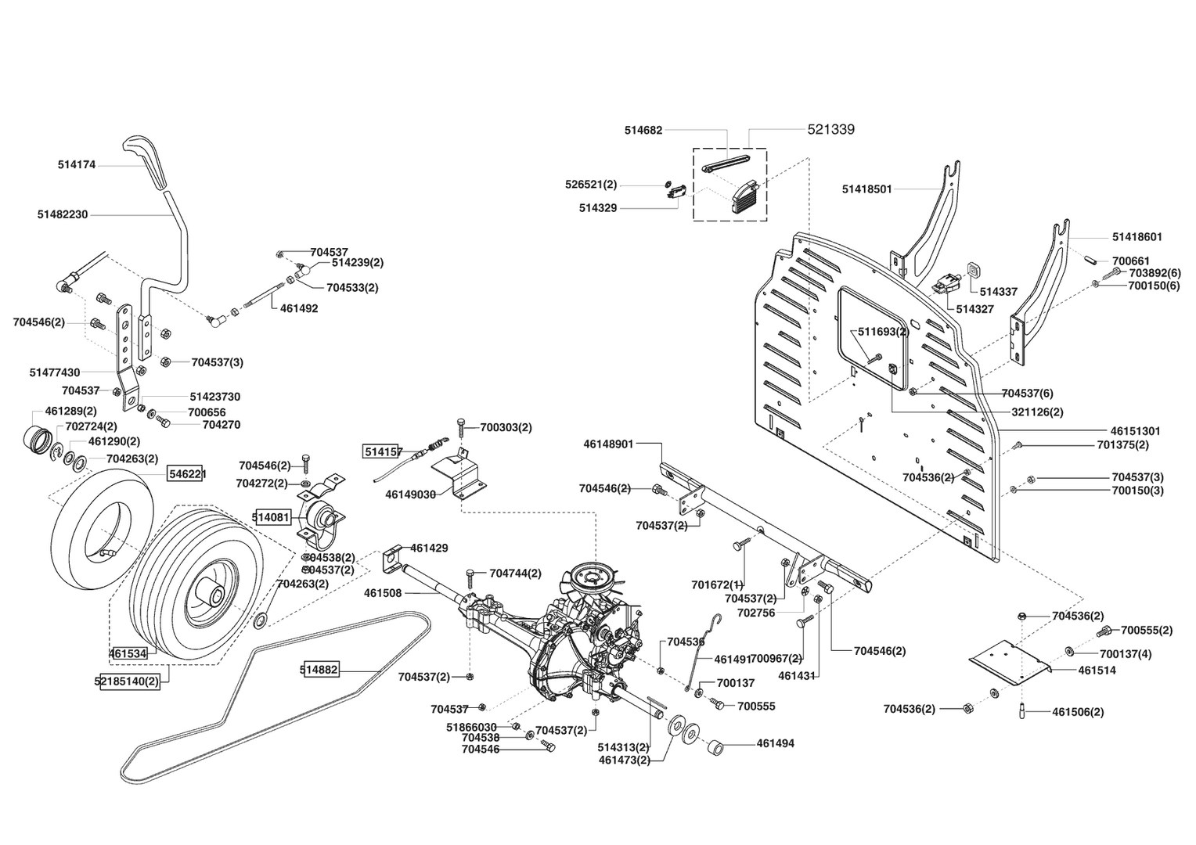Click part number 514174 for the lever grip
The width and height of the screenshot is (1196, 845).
click(x=77, y=165)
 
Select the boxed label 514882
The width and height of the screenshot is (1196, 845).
click(x=319, y=669)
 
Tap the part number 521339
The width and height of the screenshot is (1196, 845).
click(x=830, y=130)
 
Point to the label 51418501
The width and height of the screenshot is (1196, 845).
click(x=867, y=189)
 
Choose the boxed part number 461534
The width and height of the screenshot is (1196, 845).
click(x=128, y=652)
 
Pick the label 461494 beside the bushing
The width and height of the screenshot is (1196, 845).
click(x=775, y=743)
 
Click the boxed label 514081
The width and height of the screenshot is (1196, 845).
click(x=271, y=516)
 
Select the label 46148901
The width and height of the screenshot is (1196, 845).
click(x=608, y=444)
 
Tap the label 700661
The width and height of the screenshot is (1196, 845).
click(x=1131, y=261)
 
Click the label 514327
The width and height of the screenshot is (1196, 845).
click(x=974, y=309)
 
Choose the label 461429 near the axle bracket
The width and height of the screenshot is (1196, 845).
click(x=429, y=548)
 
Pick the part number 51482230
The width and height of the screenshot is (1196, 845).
click(x=63, y=214)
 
